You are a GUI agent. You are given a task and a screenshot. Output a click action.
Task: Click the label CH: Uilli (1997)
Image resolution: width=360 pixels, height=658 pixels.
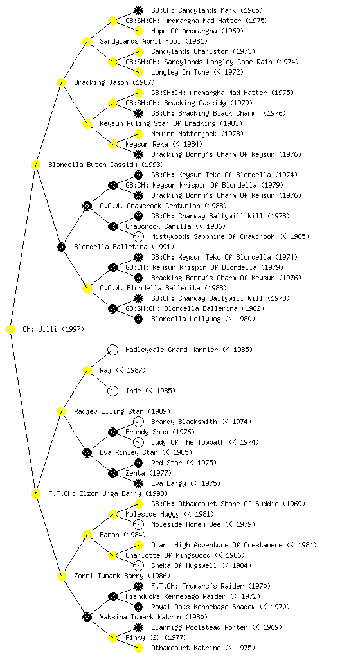pyautogui.click(x=53, y=329)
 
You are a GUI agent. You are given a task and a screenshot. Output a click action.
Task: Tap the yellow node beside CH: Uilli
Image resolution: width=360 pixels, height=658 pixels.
pyautogui.click(x=10, y=330)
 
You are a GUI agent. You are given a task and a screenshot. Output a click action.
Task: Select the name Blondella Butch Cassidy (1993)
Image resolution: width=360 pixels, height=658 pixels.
pyautogui.click(x=106, y=164)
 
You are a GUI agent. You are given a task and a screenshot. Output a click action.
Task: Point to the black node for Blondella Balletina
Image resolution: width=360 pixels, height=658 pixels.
pyautogui.click(x=61, y=247)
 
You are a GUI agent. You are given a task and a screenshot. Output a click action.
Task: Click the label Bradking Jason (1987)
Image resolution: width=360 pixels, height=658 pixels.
pyautogui.click(x=114, y=82)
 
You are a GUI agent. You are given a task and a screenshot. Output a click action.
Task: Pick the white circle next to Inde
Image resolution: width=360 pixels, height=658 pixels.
pyautogui.click(x=113, y=391)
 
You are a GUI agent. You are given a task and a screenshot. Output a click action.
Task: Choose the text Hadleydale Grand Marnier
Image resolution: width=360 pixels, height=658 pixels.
pyautogui.click(x=172, y=350)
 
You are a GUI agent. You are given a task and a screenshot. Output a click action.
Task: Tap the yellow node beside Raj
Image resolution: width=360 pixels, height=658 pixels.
pyautogui.click(x=87, y=370)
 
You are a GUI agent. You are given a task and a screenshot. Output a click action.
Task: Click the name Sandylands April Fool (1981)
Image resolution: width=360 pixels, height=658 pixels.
pyautogui.click(x=154, y=41)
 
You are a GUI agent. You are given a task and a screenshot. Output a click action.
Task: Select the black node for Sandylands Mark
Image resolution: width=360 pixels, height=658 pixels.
pyautogui.click(x=138, y=10)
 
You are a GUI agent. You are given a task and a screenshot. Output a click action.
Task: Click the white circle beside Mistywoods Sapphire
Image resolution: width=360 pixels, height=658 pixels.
pyautogui.click(x=138, y=236)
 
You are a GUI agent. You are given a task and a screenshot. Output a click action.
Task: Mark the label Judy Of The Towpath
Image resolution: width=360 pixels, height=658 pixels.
pyautogui.click(x=188, y=442)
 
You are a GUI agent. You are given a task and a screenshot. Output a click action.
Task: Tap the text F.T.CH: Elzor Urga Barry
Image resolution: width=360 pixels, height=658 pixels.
pyautogui.click(x=94, y=493)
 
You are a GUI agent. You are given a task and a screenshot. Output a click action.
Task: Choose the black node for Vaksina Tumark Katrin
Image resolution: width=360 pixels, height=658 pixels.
pyautogui.click(x=87, y=617)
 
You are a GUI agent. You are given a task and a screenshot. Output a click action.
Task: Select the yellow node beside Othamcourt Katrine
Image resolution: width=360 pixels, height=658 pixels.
pyautogui.click(x=138, y=648)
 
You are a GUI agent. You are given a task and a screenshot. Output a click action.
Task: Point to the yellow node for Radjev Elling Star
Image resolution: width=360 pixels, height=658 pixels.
pyautogui.click(x=61, y=411)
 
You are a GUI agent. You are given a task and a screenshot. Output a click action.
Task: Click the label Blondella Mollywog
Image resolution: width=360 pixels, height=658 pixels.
pyautogui.click(x=185, y=319)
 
